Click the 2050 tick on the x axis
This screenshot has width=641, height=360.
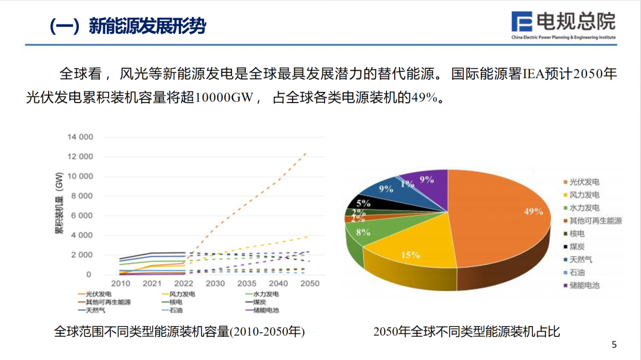point(310,283)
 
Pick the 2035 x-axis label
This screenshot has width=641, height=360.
point(247,283)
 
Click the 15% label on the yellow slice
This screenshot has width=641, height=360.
point(410,255)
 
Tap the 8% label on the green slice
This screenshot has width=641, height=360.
point(363,232)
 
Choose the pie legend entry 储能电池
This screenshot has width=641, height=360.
point(584,285)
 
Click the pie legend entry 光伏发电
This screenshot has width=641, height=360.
point(584,182)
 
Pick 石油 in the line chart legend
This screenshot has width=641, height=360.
point(176,310)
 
